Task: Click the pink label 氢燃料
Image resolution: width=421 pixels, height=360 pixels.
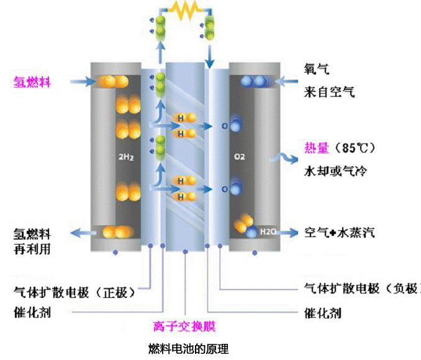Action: (x=32, y=81)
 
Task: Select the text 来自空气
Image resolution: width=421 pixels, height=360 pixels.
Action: (x=329, y=92)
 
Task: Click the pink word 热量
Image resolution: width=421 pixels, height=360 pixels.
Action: (x=317, y=148)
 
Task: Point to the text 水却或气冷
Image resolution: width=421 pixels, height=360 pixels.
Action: (x=333, y=169)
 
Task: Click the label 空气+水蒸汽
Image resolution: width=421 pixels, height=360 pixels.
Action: (x=339, y=233)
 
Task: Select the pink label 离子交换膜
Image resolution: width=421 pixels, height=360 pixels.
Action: (x=184, y=326)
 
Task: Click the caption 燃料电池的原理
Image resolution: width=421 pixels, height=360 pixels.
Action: (x=189, y=349)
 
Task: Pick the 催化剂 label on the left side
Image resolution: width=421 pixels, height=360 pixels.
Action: (x=32, y=311)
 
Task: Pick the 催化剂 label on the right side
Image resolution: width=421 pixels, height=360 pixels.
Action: (x=322, y=312)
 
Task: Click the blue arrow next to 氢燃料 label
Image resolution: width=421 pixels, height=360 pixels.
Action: (x=79, y=81)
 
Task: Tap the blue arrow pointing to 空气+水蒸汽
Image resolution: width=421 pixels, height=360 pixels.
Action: (x=287, y=233)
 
